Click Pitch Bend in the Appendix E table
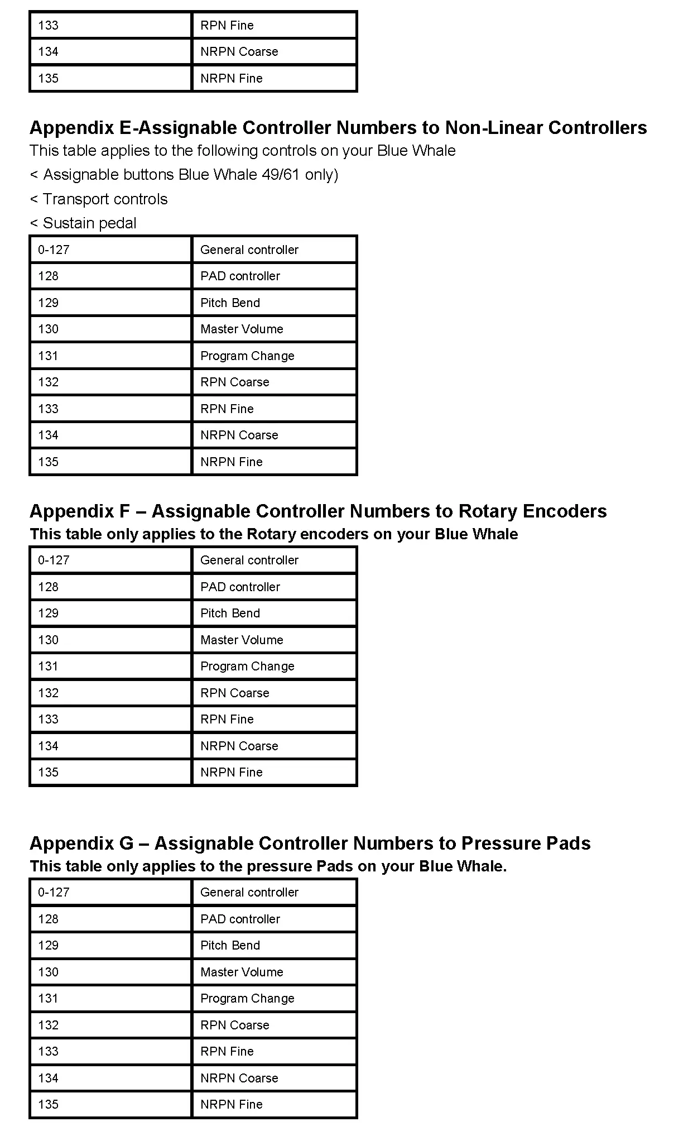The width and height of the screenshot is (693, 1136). coord(230,303)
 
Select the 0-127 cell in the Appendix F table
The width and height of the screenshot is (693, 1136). coord(54,560)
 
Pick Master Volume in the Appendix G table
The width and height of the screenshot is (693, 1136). coord(242,972)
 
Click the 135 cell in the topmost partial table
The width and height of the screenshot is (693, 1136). coord(48,78)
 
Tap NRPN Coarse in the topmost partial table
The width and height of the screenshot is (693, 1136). coord(239,51)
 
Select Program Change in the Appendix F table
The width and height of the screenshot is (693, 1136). coord(247,666)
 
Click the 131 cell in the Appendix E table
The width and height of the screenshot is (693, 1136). coord(48,356)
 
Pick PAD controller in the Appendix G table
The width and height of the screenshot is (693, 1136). coord(240,919)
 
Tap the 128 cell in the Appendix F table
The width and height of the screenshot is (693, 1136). coord(48,587)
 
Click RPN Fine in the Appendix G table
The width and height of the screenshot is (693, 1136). coord(227,1051)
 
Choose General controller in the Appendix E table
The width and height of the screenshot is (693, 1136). coord(249,250)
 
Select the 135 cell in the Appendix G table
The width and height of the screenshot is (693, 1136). coord(48,1104)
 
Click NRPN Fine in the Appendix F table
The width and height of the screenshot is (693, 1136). coord(231,772)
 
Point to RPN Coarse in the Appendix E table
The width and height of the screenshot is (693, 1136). coord(234,382)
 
